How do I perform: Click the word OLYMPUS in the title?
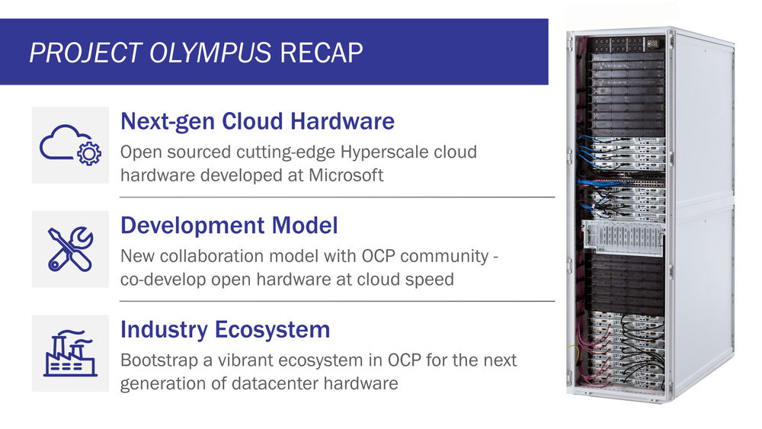[210, 53]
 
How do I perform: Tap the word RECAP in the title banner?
[322, 53]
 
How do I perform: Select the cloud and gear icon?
[70, 146]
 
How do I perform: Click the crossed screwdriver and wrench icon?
[70, 248]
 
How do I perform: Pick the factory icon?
[70, 354]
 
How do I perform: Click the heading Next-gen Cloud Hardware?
[258, 121]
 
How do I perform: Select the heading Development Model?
[229, 225]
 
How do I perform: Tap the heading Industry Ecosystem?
[226, 329]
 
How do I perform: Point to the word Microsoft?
[346, 175]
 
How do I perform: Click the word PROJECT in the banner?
[85, 53]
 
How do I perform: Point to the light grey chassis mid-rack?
[624, 237]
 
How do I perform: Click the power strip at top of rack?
[626, 43]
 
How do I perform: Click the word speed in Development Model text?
[428, 280]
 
